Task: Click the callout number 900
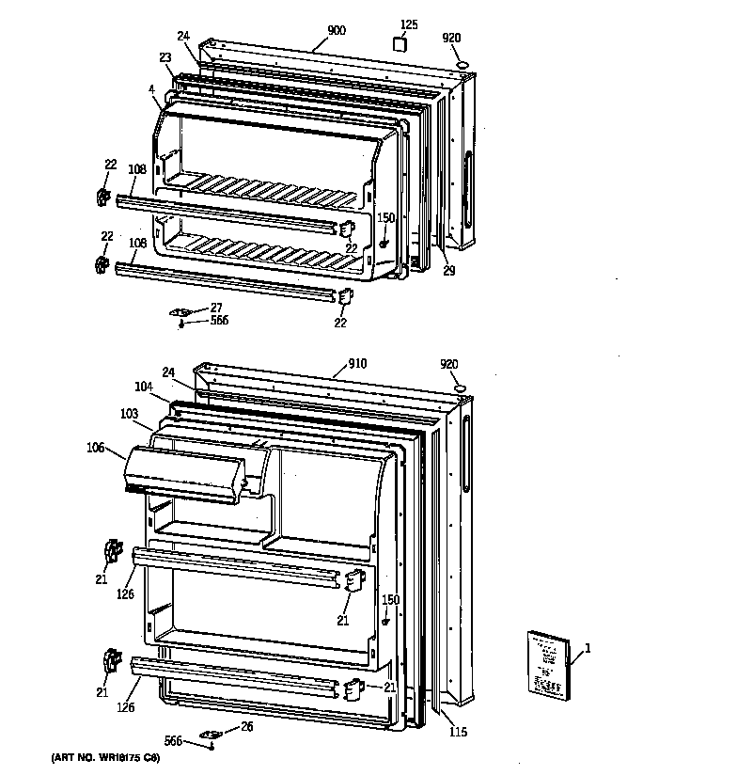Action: tap(337, 31)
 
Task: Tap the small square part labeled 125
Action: tap(401, 44)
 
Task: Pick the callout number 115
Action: tap(457, 732)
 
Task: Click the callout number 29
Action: tap(449, 271)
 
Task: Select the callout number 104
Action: tap(143, 387)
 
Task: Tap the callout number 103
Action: tap(129, 413)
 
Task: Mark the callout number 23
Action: tap(165, 57)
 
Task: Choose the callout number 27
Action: tap(215, 307)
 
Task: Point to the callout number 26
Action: tap(246, 726)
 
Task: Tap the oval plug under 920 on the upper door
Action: tap(462, 62)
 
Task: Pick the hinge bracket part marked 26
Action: tap(212, 735)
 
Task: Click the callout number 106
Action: tap(97, 448)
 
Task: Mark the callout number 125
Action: tap(409, 24)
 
